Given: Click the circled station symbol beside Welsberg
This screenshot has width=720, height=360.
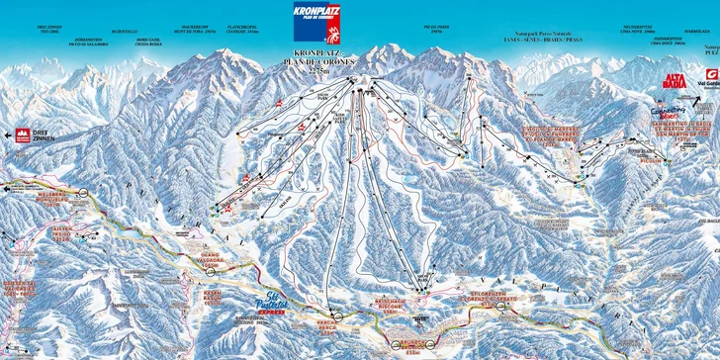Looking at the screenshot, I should pos(86,192).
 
